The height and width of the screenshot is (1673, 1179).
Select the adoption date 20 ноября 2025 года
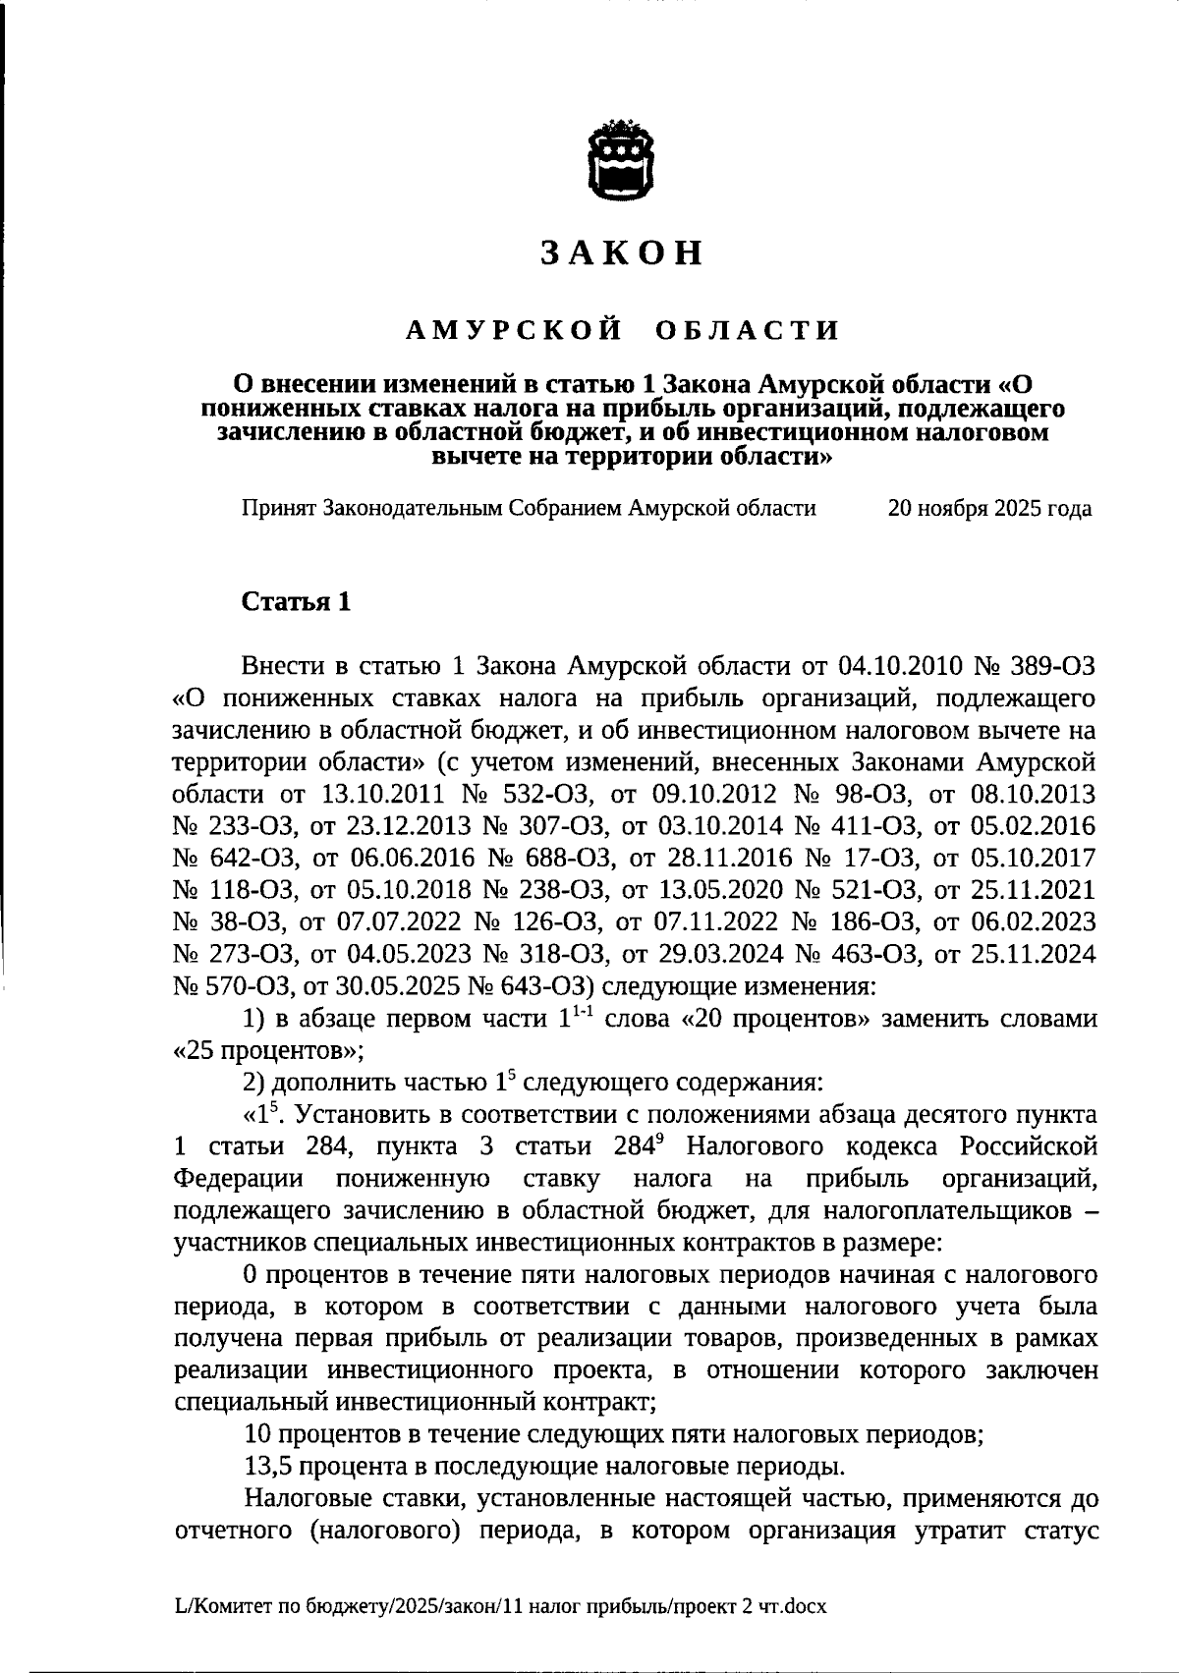[989, 508]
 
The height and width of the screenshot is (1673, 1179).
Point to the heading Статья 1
[296, 602]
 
